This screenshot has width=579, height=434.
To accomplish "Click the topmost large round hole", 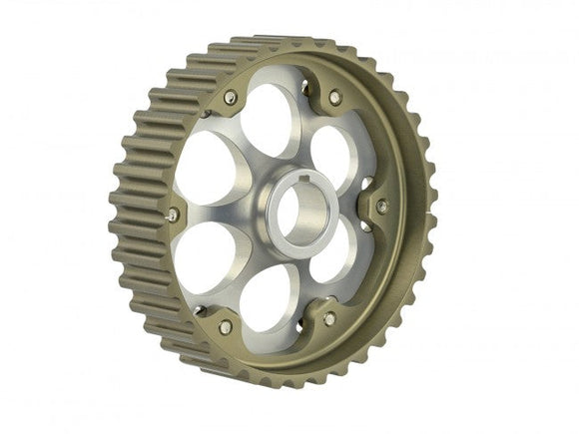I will coord(267,121).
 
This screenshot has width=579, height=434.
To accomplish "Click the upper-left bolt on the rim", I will coord(231,97).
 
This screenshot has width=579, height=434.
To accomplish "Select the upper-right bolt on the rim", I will coord(334,98).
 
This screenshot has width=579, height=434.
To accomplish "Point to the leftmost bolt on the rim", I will coord(174,215).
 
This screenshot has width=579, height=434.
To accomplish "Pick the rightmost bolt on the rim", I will coord(382,207).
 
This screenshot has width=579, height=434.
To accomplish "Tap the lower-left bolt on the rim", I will coord(227,326).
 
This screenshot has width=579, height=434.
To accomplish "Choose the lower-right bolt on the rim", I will coord(329,318).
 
